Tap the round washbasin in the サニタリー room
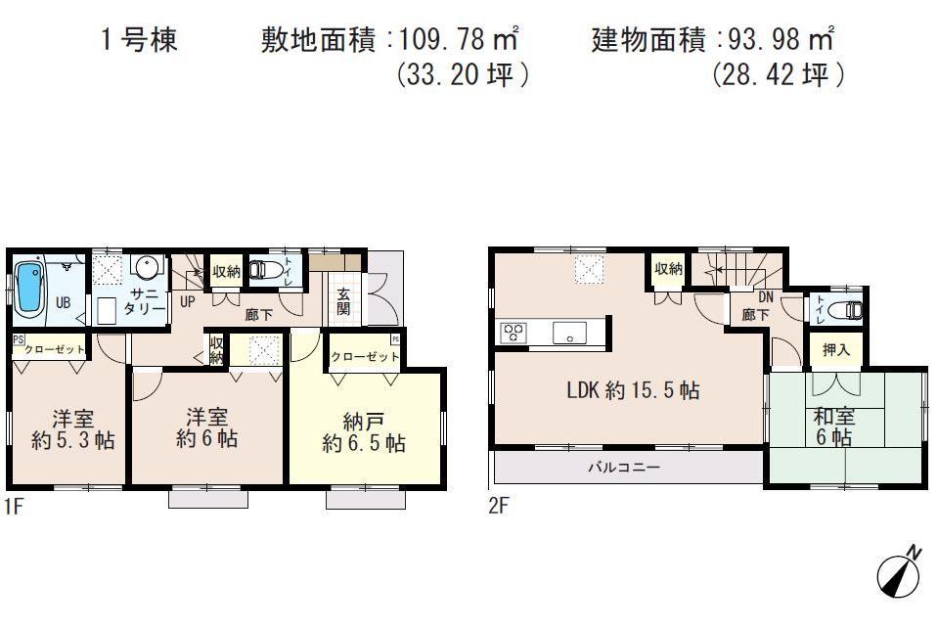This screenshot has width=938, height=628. click(x=148, y=267)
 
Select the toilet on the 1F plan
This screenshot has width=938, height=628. click(x=266, y=270)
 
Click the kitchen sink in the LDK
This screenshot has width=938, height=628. click(x=568, y=333)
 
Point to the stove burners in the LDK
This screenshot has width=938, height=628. click(x=513, y=333)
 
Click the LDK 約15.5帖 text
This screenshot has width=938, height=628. click(x=634, y=390)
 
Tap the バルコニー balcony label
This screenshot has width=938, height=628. click(x=623, y=468)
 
